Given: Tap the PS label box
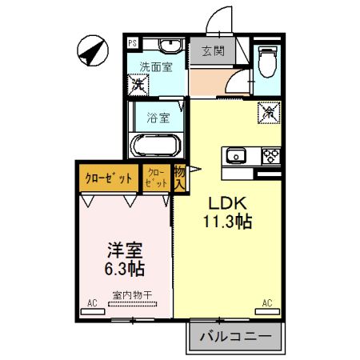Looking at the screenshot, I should (132, 42).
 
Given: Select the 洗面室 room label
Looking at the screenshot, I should (156, 66).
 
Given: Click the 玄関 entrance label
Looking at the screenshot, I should (212, 51).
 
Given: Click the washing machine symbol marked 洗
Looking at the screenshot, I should (139, 82).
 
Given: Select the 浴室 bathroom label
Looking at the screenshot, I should (157, 118).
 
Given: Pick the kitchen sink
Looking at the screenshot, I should (238, 155).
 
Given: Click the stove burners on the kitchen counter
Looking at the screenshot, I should (270, 155).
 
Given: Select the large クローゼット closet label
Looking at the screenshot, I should (109, 178).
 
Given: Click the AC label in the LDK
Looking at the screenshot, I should (267, 303).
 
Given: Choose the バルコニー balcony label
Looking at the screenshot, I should (236, 336).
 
